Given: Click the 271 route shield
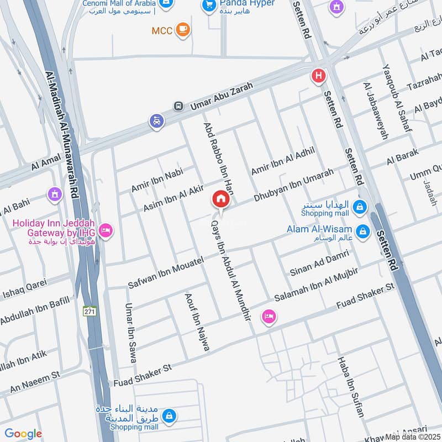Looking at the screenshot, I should tap(90, 311).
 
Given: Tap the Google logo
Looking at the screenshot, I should tap(23, 434).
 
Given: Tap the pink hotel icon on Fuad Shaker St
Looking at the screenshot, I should tap(269, 316).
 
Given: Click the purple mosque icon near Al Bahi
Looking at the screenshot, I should tap(54, 193).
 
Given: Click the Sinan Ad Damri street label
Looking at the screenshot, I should tap(319, 264).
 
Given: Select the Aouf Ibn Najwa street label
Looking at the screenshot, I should tap(197, 322).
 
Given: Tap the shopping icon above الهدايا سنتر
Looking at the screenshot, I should tap(360, 207).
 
